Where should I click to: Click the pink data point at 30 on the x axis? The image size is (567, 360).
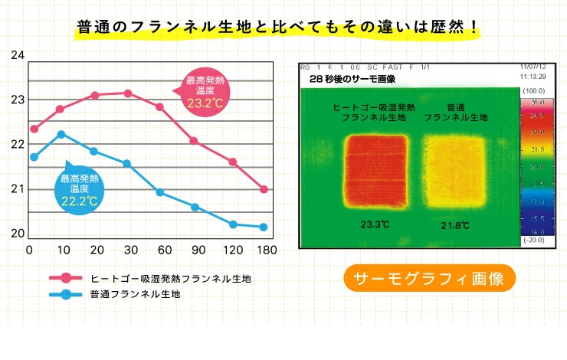(x=127, y=93)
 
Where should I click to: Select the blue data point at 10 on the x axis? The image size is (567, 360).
(x=61, y=134)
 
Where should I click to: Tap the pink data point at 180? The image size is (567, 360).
(x=264, y=189)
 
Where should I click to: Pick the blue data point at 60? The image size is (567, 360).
(x=160, y=192)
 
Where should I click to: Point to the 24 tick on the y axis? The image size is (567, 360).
(x=18, y=56)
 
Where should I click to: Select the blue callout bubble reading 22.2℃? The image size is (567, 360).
(x=77, y=190)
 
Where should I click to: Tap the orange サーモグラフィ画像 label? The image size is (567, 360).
(x=429, y=279)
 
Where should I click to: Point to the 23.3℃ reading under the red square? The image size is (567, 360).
(x=375, y=224)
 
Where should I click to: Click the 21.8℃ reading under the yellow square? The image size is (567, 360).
(x=457, y=224)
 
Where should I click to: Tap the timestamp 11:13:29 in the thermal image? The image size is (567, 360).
(x=531, y=77)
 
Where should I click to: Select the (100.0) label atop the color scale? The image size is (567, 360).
(x=532, y=91)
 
